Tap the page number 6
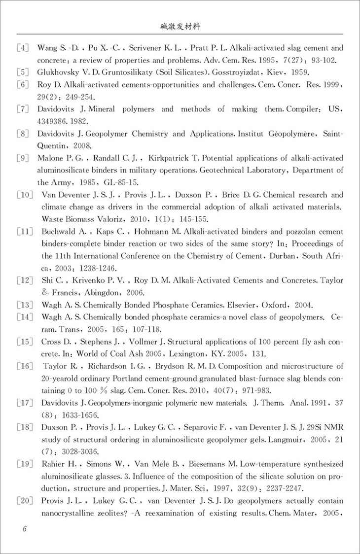[x=24, y=529]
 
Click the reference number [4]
[x=24, y=48]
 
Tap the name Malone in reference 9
[x=51, y=158]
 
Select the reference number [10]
[x=25, y=195]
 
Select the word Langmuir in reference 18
[x=275, y=426]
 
